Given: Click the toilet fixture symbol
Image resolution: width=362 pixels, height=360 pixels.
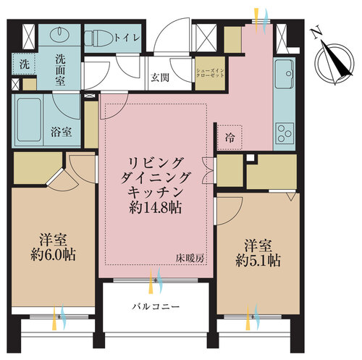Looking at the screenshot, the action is (98, 38).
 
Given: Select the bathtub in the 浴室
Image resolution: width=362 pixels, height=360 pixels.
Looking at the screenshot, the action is (29, 120).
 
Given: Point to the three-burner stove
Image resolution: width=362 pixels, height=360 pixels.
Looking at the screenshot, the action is (285, 133).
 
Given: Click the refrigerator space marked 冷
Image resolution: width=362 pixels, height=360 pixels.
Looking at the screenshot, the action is (230, 138).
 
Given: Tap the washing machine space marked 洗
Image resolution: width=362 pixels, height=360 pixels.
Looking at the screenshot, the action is (24, 64).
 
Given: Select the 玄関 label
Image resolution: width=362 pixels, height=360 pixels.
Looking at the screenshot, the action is (160, 78).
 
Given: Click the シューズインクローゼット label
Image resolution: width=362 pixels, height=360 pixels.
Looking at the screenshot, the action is (210, 73).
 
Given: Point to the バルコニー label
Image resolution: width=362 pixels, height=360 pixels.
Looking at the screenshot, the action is (156, 306).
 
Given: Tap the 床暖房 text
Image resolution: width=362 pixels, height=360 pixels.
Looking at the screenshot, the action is (190, 259).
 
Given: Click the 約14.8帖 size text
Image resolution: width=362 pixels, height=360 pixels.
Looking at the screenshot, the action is (156, 207).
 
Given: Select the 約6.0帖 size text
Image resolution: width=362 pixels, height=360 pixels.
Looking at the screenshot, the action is (54, 254).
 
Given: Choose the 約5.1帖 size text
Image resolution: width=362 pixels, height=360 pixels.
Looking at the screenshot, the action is (258, 261).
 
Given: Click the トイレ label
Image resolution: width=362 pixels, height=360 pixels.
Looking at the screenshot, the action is (127, 38).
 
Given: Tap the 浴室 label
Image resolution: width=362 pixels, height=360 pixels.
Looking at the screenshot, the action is (62, 132).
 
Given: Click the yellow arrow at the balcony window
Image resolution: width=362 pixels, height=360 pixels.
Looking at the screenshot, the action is (151, 281).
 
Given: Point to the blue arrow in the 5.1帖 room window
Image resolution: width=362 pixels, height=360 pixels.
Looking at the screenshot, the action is (256, 317).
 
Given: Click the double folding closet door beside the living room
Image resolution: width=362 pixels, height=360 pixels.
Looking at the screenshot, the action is (207, 170).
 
